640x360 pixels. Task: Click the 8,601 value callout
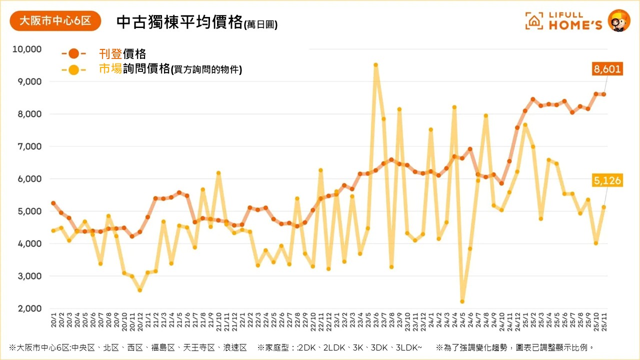point(607,69)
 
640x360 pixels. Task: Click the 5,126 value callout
point(607,180)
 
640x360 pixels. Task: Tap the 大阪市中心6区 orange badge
point(55,21)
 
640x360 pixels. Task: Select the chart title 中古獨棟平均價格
point(179,22)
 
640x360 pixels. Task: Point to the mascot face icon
point(618,20)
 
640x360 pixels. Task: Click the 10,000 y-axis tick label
point(27,49)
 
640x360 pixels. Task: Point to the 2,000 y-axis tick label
point(29,308)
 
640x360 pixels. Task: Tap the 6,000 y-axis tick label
point(29,179)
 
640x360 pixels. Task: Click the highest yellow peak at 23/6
point(375,65)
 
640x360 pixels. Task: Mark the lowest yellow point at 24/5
point(462,301)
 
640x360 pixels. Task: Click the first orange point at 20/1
point(53,203)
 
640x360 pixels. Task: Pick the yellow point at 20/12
point(140,290)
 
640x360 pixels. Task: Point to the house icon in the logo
point(534,20)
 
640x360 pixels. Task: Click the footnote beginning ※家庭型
point(339,347)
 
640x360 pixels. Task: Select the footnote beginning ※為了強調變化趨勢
point(515,347)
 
